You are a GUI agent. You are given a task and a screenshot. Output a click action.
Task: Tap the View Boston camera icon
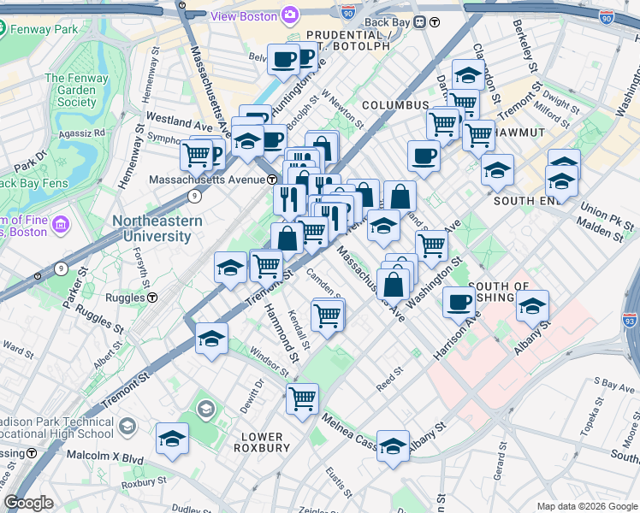290,15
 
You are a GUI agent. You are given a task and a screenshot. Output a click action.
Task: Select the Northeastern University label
157,227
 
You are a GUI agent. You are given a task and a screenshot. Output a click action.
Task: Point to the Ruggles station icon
152,298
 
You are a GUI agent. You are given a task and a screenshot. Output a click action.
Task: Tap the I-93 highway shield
630,321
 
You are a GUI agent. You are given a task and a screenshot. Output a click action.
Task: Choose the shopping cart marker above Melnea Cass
302,398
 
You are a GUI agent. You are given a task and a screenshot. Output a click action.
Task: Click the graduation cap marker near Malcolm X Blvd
172,439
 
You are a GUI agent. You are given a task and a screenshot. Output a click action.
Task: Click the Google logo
29,503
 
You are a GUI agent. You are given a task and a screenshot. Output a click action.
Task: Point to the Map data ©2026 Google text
586,506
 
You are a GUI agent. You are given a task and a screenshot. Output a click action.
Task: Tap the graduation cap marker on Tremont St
211,337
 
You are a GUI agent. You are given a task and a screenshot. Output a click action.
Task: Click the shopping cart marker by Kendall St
328,315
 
